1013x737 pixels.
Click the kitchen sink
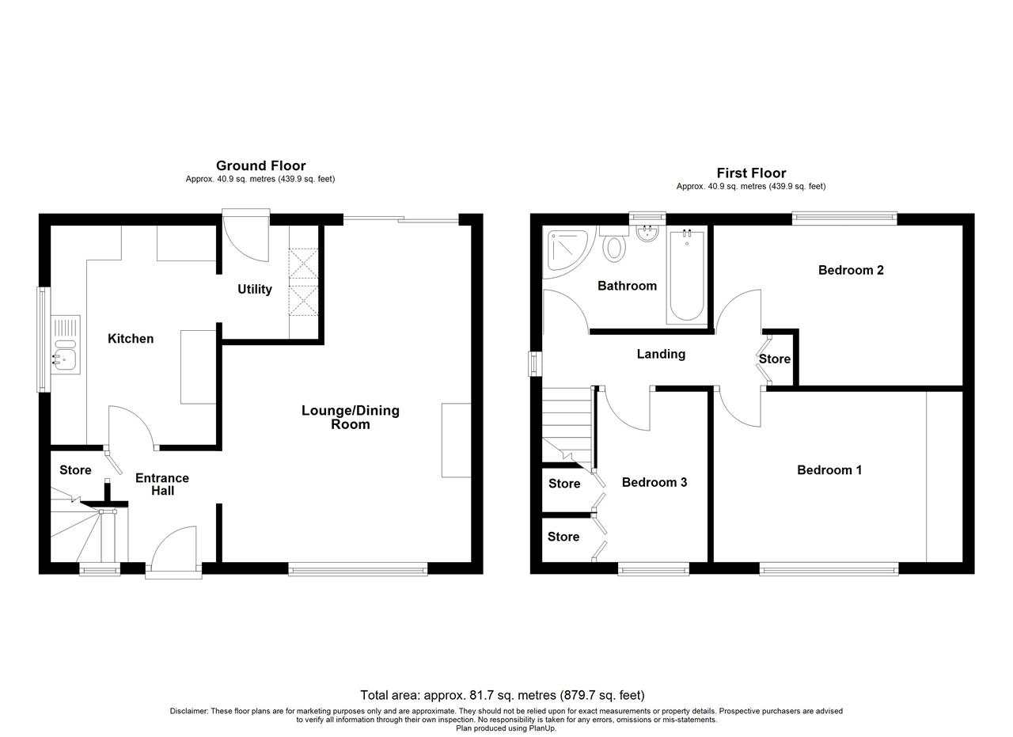tap(66, 344)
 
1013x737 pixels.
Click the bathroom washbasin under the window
tap(647, 234)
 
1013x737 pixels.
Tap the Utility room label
tap(255, 289)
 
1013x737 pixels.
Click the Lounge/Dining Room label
tap(351, 417)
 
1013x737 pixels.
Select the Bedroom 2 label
tap(851, 270)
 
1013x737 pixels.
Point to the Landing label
tap(661, 354)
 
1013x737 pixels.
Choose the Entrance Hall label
tap(162, 484)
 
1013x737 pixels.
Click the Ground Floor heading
tap(260, 165)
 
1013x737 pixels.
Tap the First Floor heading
tap(751, 173)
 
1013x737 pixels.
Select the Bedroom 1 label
tap(829, 470)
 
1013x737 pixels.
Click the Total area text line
tap(502, 695)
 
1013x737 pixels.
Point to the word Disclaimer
tap(189, 711)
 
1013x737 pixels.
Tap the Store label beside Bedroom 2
tap(775, 359)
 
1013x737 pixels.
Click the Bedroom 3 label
tap(654, 482)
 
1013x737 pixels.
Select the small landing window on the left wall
tap(536, 363)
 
